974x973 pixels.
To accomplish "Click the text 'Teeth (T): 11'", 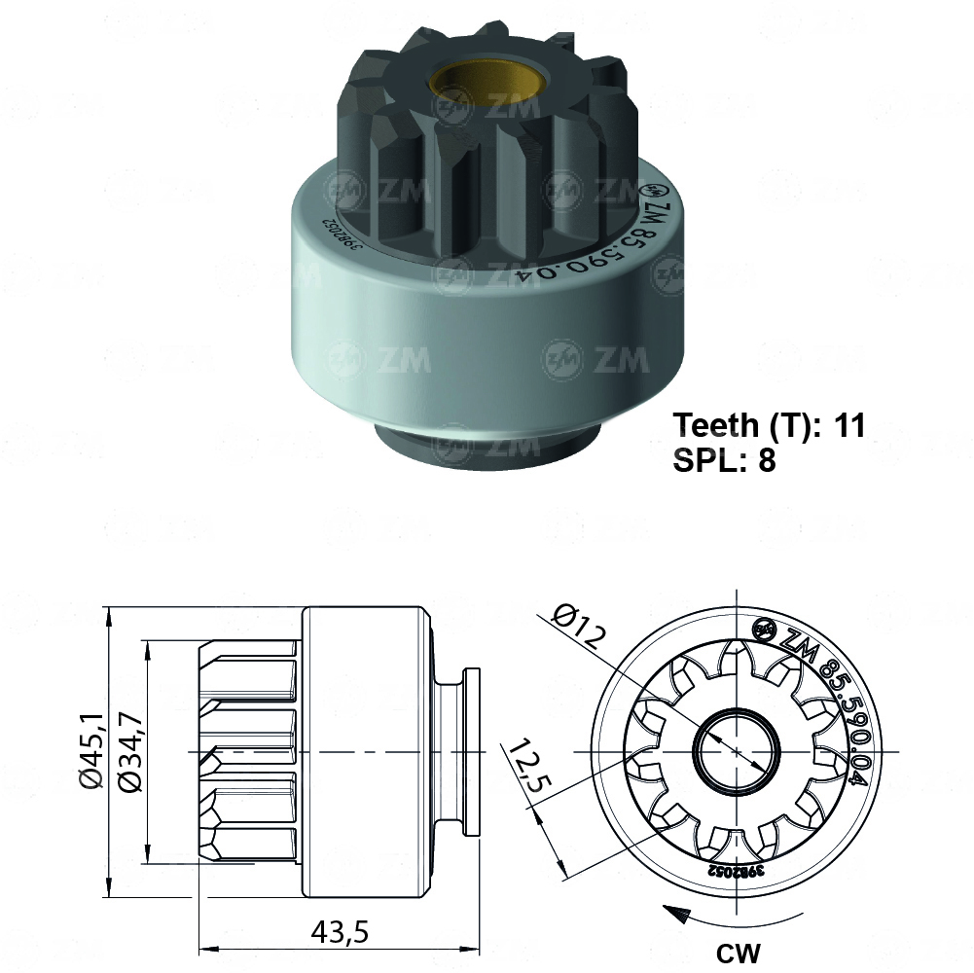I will click(x=769, y=425).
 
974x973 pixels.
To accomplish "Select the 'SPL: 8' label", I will click(x=724, y=460).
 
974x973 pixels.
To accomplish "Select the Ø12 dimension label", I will click(x=580, y=628).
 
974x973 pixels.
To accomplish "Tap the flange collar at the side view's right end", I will click(x=472, y=751).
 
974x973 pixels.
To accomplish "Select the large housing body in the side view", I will click(x=365, y=752).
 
